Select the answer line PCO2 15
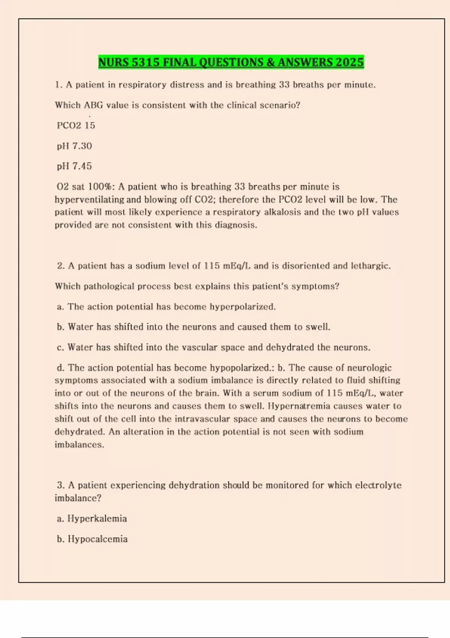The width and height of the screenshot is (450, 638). click(76, 125)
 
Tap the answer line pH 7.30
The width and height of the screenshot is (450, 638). click(74, 146)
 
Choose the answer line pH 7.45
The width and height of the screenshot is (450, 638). click(74, 166)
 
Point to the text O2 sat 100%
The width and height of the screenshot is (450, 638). click(85, 187)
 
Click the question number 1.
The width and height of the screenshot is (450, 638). click(58, 85)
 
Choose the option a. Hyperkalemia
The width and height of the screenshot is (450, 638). click(92, 519)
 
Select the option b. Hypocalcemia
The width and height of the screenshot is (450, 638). click(92, 539)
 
